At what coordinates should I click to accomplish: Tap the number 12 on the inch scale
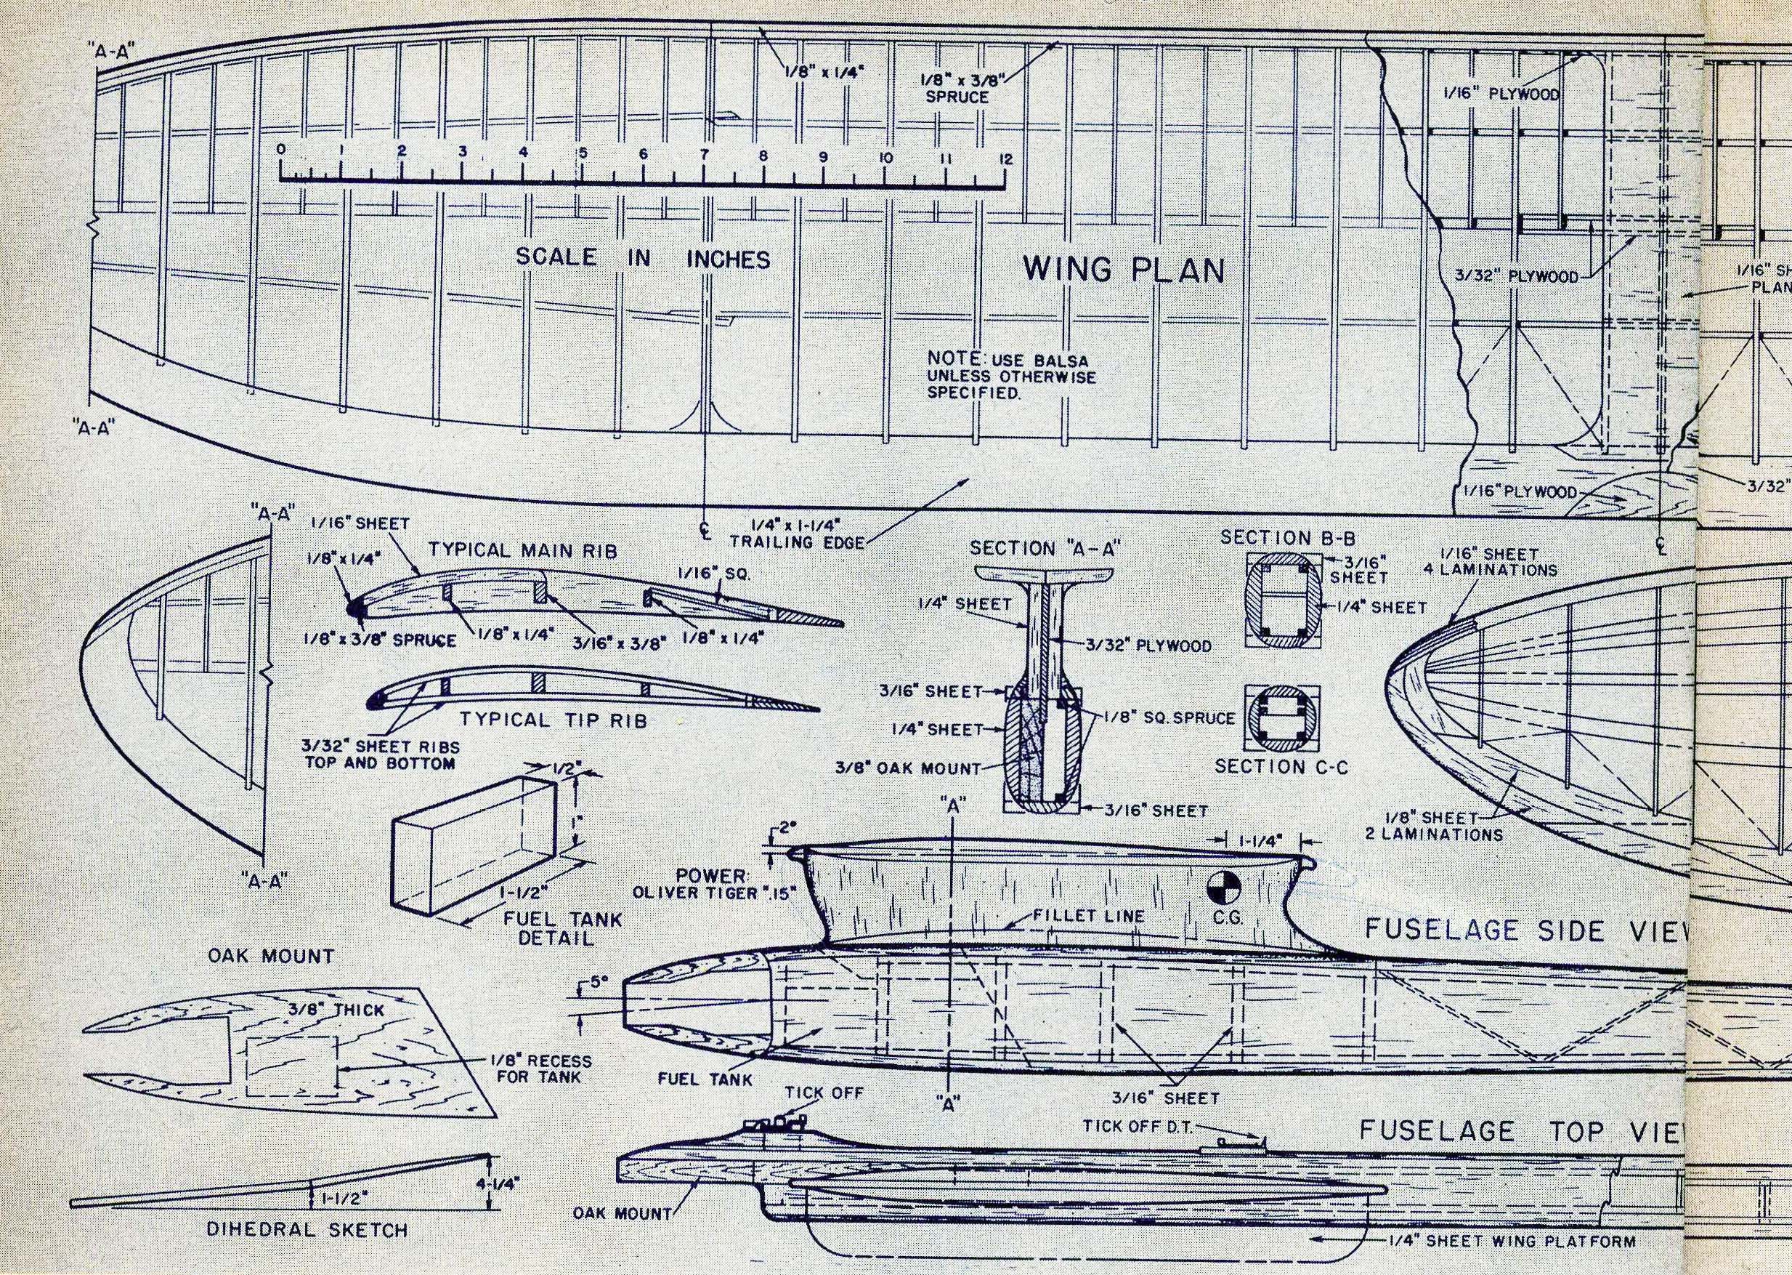[1006, 159]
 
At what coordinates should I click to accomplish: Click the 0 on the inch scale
[281, 148]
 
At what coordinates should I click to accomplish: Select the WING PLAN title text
[1124, 270]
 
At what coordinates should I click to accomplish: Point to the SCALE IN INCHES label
[643, 258]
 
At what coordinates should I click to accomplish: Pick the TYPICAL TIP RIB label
[553, 719]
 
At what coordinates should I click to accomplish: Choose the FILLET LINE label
[1090, 915]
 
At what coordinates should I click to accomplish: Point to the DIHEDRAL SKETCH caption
[307, 1229]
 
